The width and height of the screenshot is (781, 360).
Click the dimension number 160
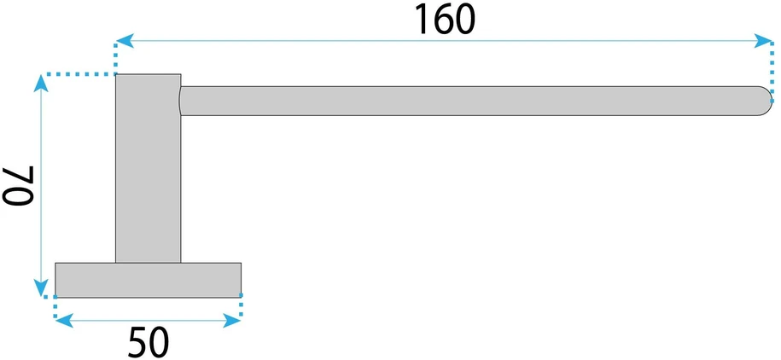click(x=445, y=20)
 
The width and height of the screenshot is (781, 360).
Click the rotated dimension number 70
click(x=19, y=186)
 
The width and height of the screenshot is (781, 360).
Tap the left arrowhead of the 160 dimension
click(x=125, y=41)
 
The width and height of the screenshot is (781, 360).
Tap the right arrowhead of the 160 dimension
click(x=763, y=41)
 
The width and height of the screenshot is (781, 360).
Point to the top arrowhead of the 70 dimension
click(x=41, y=84)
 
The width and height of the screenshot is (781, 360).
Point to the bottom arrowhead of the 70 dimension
click(x=41, y=287)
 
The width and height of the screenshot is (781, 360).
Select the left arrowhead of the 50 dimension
click(x=64, y=321)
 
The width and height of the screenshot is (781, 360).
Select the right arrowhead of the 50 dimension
click(x=232, y=321)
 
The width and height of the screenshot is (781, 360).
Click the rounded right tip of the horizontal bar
click(x=765, y=101)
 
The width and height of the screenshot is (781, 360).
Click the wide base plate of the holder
click(x=149, y=280)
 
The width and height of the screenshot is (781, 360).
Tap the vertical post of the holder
click(x=149, y=168)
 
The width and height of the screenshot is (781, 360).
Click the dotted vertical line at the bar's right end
click(x=772, y=71)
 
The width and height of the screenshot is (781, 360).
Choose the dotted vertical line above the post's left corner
click(x=116, y=58)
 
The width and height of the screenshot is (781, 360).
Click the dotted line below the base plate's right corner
click(x=241, y=305)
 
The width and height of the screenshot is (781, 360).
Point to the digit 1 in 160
click(x=422, y=20)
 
